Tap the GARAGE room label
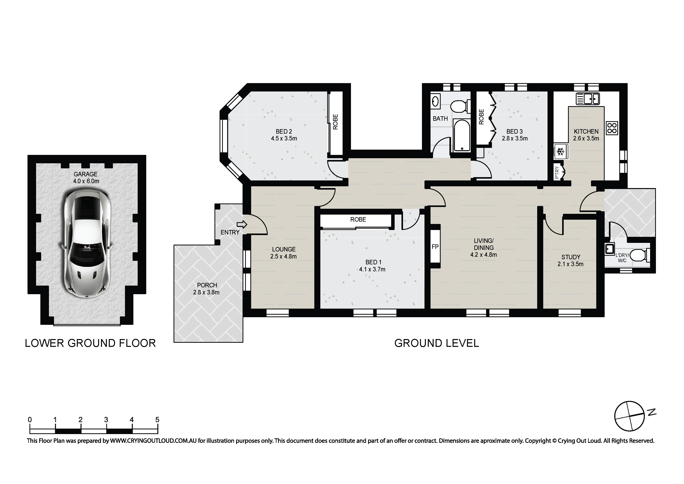tap(85, 174)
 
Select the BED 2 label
tap(284, 131)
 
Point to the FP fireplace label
tap(435, 247)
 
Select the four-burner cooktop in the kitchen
tap(612, 128)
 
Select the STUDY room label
tap(571, 257)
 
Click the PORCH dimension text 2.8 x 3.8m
tap(206, 292)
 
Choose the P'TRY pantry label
tap(557, 172)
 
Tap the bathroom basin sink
tap(435, 101)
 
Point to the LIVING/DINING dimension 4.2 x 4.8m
tap(484, 255)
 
